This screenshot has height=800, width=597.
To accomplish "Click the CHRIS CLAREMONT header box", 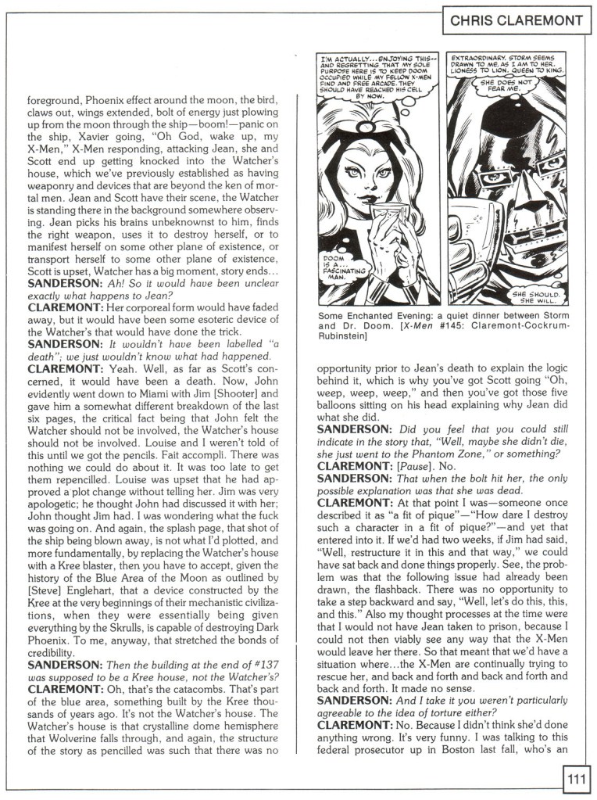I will (x=517, y=21).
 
